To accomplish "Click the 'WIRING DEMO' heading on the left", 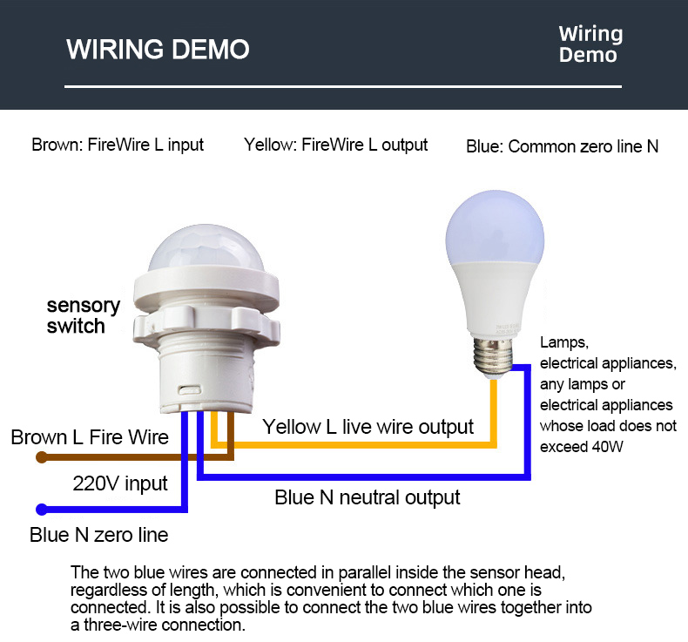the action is click(158, 49).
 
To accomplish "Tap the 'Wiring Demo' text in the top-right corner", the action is click(590, 44).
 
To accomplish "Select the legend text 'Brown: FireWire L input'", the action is click(118, 145).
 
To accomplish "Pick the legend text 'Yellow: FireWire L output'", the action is click(335, 145).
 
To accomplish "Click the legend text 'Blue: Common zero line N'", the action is click(562, 146).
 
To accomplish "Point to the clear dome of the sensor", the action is click(206, 248).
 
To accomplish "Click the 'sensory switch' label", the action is click(84, 315).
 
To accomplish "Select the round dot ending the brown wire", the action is click(42, 457).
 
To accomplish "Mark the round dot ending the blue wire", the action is click(42, 510).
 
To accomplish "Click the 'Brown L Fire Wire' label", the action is click(90, 437).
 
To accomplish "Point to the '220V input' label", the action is click(120, 483).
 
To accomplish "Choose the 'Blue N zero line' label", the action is click(99, 535).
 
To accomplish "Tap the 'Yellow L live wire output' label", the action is click(368, 427).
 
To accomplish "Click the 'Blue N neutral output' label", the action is click(368, 497).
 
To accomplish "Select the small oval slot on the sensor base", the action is click(190, 389).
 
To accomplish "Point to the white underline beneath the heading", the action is click(343, 86).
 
